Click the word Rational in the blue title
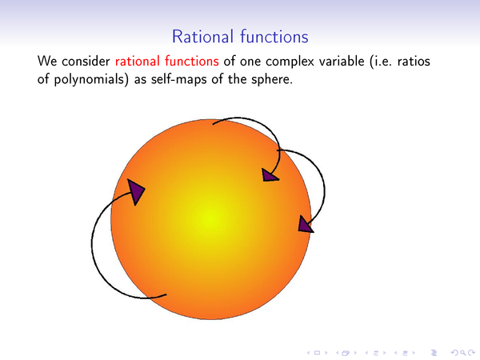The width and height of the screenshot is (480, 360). point(202,37)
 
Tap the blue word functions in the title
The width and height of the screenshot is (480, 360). point(274,37)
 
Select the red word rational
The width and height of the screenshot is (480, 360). point(138,62)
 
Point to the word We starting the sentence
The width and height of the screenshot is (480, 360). point(47,62)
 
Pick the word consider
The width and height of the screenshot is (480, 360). point(86,62)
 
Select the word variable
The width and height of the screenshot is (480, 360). point(342,62)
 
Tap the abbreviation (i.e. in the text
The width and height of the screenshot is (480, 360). point(381,62)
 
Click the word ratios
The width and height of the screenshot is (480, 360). point(414,62)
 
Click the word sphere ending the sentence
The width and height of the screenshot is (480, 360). point(272,80)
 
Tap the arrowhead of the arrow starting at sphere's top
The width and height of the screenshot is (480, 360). point(270,174)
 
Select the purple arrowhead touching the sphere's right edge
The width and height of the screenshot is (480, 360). point(306,224)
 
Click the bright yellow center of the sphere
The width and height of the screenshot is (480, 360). point(211,218)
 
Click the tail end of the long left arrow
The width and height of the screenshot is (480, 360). point(166,294)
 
